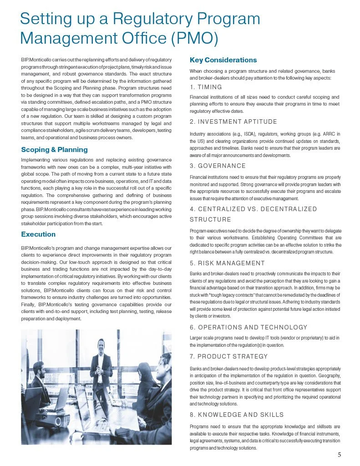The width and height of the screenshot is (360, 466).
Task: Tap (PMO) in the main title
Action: tap(193, 38)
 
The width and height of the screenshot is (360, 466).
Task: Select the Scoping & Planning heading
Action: tap(54, 150)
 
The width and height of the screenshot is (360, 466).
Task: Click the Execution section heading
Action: tap(38, 234)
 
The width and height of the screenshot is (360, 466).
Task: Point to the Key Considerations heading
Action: tap(223, 60)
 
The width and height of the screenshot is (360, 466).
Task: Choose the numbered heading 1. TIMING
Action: tap(206, 87)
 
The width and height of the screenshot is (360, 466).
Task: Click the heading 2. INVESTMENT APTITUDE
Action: tap(233, 122)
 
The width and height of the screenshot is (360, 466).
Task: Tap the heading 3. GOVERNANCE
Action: tap(218, 166)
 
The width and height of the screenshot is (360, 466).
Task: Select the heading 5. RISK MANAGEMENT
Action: tap(227, 263)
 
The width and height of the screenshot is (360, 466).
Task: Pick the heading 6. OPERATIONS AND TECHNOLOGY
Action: tap(248, 327)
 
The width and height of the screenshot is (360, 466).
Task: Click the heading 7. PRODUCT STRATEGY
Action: tap(228, 356)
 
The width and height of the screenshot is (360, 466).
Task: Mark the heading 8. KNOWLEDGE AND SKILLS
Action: tap(237, 415)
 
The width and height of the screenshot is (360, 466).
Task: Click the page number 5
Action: tap(340, 455)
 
